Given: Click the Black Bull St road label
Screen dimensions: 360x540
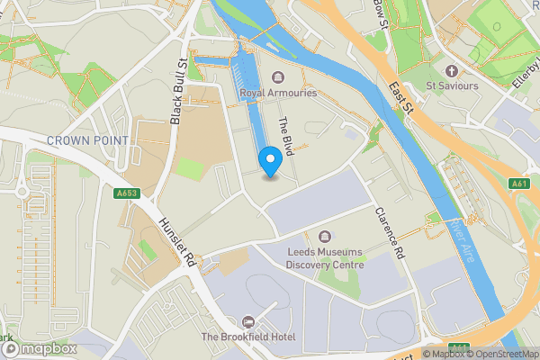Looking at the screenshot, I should tap(177, 93).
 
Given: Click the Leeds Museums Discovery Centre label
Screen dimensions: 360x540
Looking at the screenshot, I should tap(326, 258).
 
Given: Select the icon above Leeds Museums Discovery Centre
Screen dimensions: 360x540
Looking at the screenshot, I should tap(325, 236).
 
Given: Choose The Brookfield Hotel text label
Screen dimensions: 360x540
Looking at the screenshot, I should tap(247, 337).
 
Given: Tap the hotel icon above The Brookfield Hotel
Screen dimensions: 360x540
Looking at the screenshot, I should tap(247, 321).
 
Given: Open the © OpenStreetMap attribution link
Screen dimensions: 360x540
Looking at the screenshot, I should tap(500, 353).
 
